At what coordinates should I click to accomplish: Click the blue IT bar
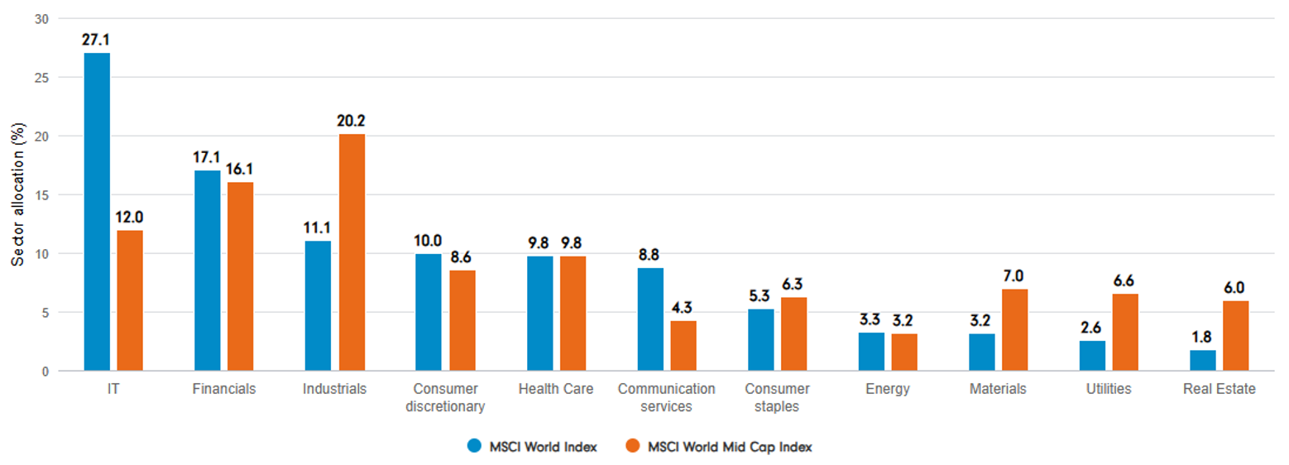[97, 212]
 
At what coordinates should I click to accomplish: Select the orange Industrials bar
[352, 252]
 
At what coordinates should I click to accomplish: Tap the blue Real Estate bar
[1203, 361]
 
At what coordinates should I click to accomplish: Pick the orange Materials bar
[1015, 330]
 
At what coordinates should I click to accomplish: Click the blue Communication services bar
[650, 319]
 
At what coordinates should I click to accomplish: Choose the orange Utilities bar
[1126, 333]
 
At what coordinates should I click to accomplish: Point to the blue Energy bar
[871, 352]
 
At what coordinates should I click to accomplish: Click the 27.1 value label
[97, 39]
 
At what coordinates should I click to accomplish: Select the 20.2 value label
[352, 121]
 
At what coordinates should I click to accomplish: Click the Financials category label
[223, 389]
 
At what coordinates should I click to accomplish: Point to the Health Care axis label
[556, 389]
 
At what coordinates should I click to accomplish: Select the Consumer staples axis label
[778, 397]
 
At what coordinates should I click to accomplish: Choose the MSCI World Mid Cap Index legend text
[730, 447]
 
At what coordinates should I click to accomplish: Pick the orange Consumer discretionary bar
[462, 320]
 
